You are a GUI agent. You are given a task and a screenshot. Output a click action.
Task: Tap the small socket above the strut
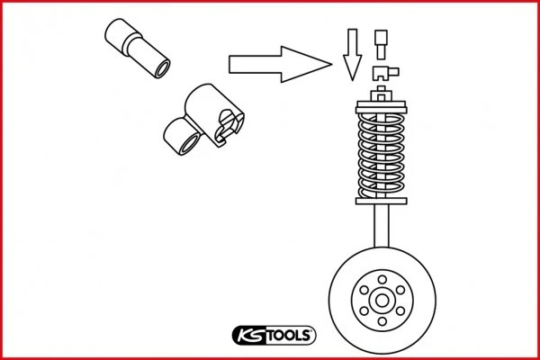(381, 41)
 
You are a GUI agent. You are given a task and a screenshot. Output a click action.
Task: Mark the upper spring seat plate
(383, 100)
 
